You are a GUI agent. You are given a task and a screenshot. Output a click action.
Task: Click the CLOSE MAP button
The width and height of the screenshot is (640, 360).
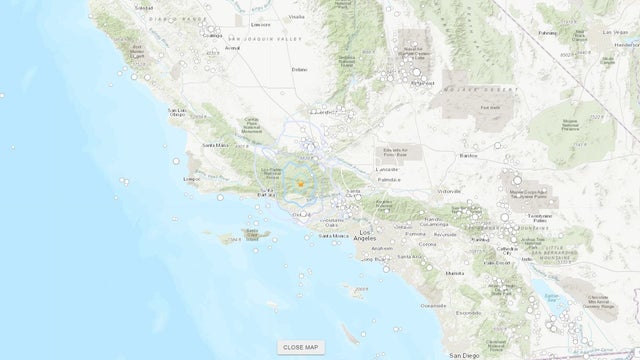[301, 347]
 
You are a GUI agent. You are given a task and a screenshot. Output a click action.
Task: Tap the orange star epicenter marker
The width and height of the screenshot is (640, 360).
[300, 181]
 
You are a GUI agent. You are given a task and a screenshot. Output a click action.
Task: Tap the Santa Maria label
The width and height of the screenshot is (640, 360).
[217, 146]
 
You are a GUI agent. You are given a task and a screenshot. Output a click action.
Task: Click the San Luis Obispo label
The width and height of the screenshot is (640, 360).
[178, 111]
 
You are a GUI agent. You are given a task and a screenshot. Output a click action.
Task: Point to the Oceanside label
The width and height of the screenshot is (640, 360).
[433, 304]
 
